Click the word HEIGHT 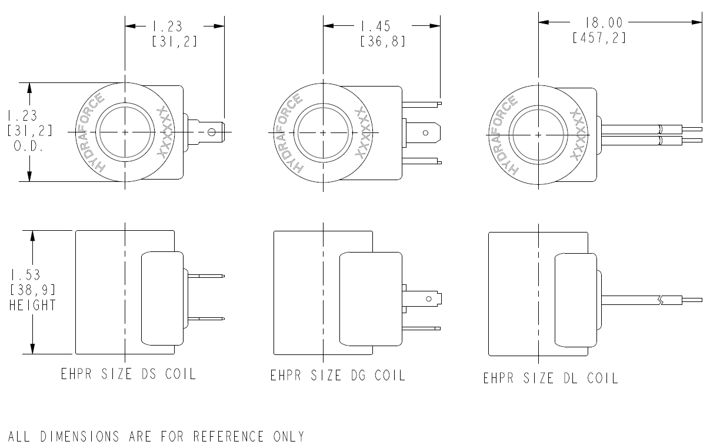(x=33, y=305)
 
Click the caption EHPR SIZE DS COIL (x=128, y=374)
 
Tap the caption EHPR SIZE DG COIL (x=338, y=375)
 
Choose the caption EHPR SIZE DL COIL (x=551, y=378)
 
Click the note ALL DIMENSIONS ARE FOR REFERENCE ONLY (x=156, y=436)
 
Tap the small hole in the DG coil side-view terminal (x=428, y=299)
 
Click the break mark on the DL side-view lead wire (x=662, y=300)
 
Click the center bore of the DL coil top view (x=539, y=134)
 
